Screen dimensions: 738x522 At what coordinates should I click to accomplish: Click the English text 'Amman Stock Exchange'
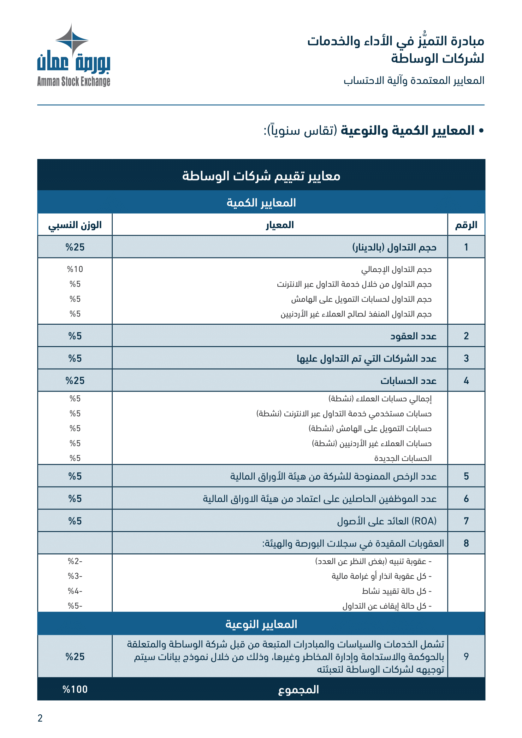[x=74, y=82]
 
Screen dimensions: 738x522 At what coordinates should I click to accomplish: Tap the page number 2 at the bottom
[x=40, y=718]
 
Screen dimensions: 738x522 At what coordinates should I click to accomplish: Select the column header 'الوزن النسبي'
[x=75, y=225]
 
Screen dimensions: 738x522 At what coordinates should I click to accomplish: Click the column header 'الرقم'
[x=466, y=225]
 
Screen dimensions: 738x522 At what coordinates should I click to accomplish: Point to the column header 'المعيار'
[x=280, y=225]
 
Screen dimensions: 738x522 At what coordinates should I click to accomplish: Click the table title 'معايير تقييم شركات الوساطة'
[x=261, y=176]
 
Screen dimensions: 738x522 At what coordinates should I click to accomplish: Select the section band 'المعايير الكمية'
[x=261, y=203]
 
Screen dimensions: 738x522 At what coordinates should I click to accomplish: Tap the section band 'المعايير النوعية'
[x=261, y=624]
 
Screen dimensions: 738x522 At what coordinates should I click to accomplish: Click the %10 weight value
[x=75, y=269]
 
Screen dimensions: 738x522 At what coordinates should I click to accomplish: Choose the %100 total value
[x=75, y=689]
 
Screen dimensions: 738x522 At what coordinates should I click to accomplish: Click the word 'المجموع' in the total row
[x=298, y=689]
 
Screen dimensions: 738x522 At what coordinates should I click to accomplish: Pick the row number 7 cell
[x=466, y=521]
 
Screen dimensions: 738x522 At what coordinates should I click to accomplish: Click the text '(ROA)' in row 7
[x=424, y=521]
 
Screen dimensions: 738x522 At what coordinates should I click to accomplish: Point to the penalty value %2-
[x=75, y=561]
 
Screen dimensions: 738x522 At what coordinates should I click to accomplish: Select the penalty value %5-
[x=75, y=606]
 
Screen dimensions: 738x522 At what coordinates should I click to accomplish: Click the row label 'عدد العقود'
[x=413, y=336]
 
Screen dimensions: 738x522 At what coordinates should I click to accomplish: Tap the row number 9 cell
[x=466, y=656]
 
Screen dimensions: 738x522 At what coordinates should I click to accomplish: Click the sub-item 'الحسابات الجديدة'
[x=403, y=458]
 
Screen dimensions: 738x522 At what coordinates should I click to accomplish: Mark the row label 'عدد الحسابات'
[x=408, y=381]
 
